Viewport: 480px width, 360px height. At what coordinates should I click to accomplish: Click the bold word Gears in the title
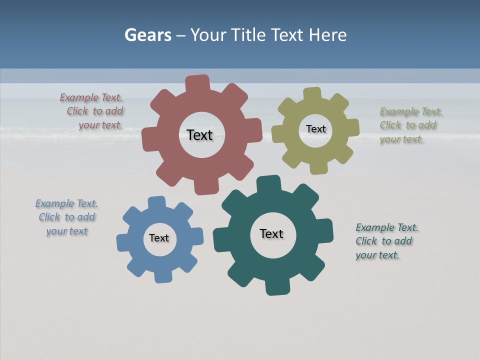point(147,35)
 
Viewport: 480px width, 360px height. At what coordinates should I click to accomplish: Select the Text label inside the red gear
point(199,135)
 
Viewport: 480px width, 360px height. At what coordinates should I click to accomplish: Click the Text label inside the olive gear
point(315,129)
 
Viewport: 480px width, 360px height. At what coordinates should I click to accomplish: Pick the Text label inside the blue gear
point(159,238)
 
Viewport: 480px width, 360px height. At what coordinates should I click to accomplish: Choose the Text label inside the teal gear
point(271,233)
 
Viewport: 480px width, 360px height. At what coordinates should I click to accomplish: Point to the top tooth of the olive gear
point(312,94)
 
